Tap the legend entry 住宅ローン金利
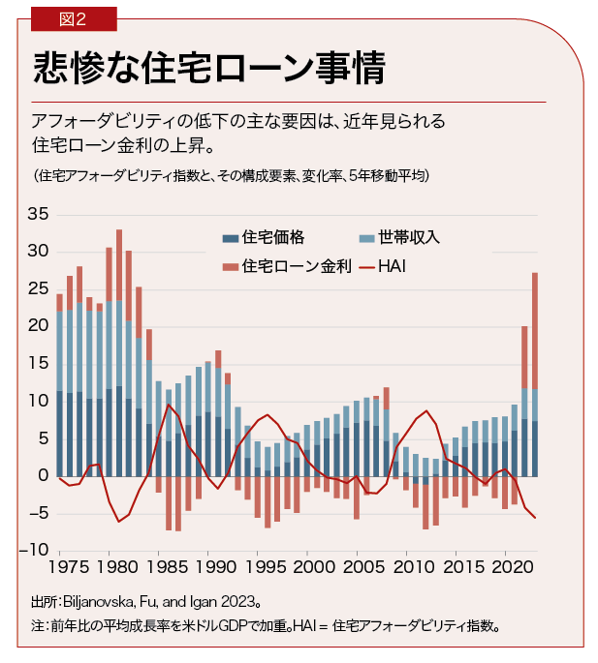pyautogui.click(x=288, y=264)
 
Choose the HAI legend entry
pyautogui.click(x=391, y=264)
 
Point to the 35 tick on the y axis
pyautogui.click(x=36, y=214)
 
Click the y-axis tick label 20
pyautogui.click(x=36, y=326)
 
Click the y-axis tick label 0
pyautogui.click(x=41, y=476)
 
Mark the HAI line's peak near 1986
pyautogui.click(x=169, y=406)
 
